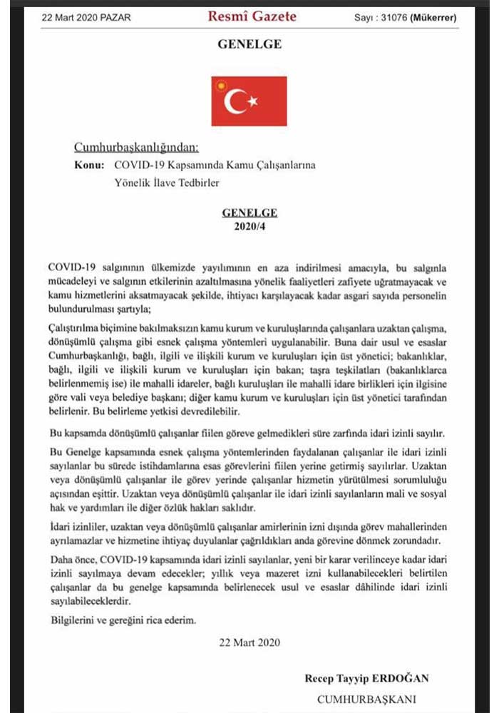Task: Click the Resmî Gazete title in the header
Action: tap(252, 16)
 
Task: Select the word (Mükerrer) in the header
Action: tap(433, 17)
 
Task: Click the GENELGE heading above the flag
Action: tap(249, 44)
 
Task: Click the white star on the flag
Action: tap(252, 102)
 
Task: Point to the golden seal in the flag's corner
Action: tap(221, 86)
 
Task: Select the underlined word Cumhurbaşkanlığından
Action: tap(136, 148)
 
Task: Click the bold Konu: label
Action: tap(89, 165)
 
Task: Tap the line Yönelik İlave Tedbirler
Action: tap(166, 183)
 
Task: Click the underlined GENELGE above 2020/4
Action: tap(249, 212)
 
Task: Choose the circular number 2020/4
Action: tap(249, 226)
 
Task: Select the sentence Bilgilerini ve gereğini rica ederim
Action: tap(122, 620)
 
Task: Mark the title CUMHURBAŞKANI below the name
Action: tap(366, 699)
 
